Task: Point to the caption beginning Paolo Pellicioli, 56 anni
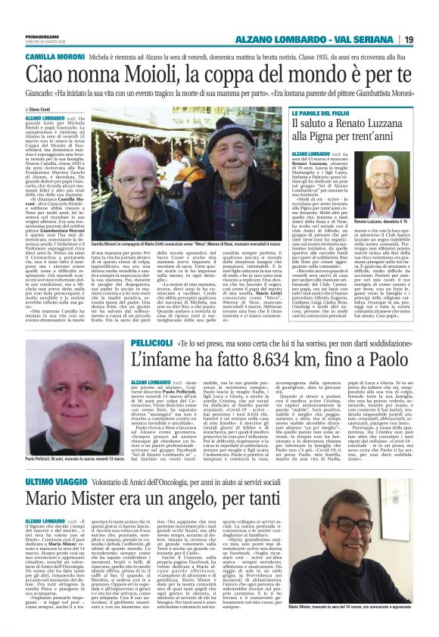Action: [64, 459]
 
